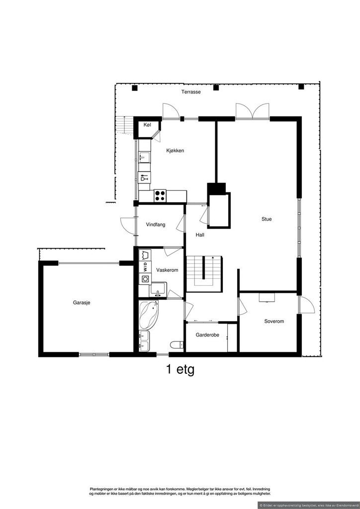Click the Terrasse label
point(191,92)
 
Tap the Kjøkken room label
point(176,151)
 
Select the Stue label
point(267,219)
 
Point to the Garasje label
point(82,303)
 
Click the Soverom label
point(274,322)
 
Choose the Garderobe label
point(207,335)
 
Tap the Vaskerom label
point(167,270)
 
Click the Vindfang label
point(156,224)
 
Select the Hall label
point(200,235)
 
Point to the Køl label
point(147,125)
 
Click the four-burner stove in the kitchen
point(160,196)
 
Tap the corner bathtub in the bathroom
point(148,315)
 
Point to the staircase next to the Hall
point(204,273)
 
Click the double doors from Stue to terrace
point(253,112)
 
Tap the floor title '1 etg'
point(180,370)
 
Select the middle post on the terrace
point(216,87)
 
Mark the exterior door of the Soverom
point(306,305)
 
